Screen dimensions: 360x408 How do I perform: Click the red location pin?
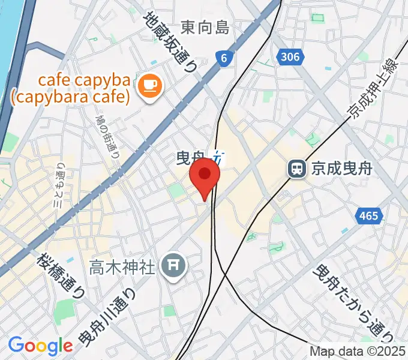coord(205,175)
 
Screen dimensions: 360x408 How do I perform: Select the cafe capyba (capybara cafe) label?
coord(84,88)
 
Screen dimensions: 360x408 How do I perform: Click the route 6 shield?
coord(224,58)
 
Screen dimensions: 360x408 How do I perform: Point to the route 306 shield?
coord(289,57)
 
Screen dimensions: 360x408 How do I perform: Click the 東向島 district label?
coord(205,27)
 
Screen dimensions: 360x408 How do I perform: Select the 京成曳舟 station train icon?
coord(296,169)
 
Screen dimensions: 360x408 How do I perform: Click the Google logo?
coord(40,346)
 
